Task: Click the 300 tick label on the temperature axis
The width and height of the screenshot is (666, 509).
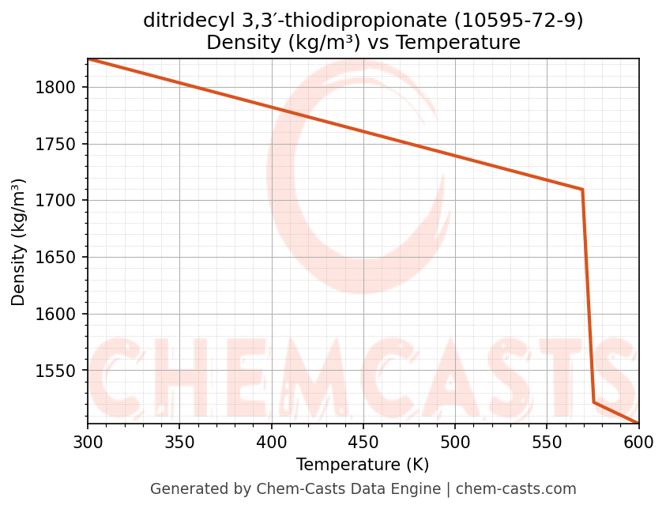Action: pos(88,440)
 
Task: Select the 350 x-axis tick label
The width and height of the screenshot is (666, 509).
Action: pos(179,440)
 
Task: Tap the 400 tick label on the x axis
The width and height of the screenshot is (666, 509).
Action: pos(271,440)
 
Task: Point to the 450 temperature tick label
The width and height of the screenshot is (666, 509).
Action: pos(363,440)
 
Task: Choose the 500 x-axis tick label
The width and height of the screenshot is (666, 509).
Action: pos(455,440)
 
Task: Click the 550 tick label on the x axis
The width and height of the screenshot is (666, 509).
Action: pos(547,440)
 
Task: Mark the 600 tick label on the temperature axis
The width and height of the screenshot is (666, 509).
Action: pos(638,440)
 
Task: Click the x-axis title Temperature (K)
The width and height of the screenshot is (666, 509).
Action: pos(363,465)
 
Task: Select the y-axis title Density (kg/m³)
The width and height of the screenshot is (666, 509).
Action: pos(18,242)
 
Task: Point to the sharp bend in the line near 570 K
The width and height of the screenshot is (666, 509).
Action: pos(582,190)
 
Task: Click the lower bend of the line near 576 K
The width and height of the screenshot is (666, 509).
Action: pos(593,402)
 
